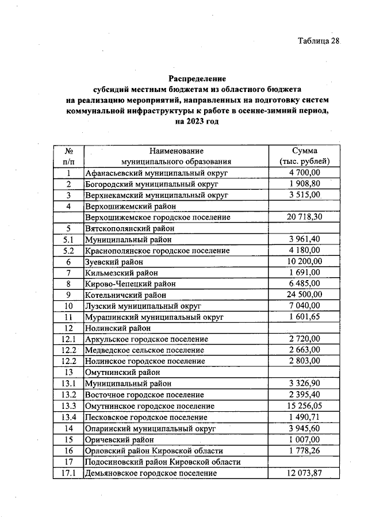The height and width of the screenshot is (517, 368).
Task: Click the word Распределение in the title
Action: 197,78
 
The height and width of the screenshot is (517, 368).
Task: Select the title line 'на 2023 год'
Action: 197,122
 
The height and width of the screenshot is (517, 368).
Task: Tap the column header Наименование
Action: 176,151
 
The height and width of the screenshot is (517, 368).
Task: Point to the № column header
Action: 68,151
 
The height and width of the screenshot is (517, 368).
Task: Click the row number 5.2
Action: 68,251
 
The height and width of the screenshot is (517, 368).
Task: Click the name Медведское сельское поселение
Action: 144,350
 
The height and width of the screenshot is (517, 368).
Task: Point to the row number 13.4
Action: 68,417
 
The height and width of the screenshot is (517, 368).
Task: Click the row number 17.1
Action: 68,473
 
